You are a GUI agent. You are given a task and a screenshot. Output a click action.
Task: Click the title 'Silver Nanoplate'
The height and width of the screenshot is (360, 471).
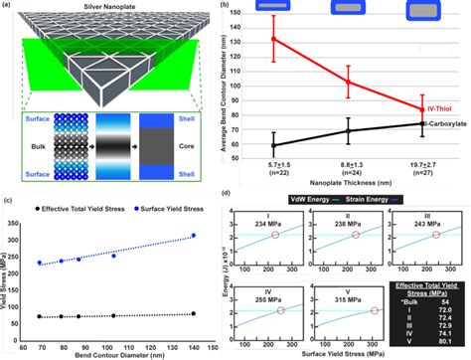[118, 7]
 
